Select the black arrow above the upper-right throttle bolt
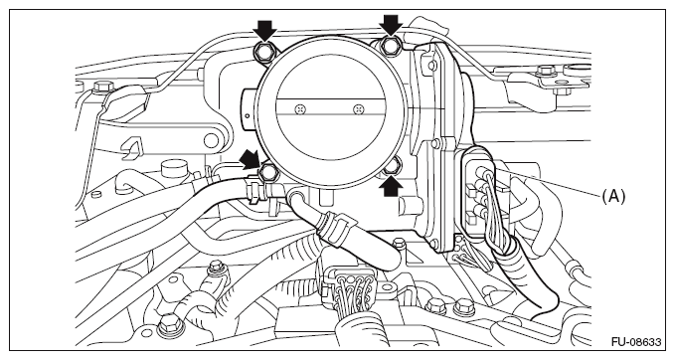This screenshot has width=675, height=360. point(392,26)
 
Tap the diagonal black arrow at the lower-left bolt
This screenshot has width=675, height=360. point(251,158)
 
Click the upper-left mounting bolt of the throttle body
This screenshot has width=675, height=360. point(263,52)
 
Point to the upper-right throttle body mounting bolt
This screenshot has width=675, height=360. point(390,46)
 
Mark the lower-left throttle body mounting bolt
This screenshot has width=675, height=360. point(267,173)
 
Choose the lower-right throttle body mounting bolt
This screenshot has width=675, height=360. point(392,166)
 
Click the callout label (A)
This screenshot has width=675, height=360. point(613,196)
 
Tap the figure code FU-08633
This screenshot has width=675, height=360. point(636,342)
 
